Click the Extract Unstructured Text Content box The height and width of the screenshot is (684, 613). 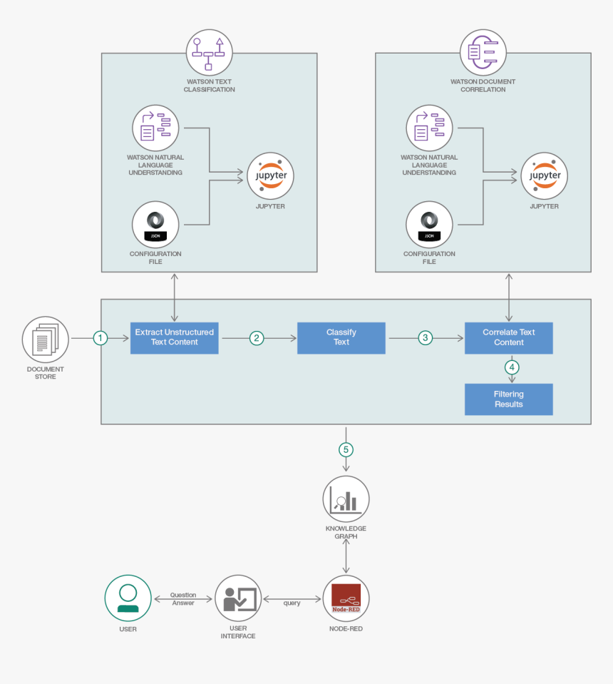(174, 337)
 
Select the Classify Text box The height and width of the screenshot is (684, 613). (341, 337)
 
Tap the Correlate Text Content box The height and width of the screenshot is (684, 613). (508, 337)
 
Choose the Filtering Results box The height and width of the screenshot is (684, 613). (508, 399)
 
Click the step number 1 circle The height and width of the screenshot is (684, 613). (101, 338)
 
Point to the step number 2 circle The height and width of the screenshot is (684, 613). (257, 338)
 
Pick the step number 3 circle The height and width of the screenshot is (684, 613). (426, 338)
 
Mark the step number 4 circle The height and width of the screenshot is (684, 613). (512, 367)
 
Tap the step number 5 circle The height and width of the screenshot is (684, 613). (346, 449)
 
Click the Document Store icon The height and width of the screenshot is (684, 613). (46, 340)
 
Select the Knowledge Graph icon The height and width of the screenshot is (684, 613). (346, 499)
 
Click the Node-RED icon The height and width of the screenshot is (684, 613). (346, 598)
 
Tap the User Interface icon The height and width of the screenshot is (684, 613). (239, 598)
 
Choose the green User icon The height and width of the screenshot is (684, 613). (128, 598)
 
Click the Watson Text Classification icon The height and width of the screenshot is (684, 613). (209, 53)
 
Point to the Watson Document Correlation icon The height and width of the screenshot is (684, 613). (483, 53)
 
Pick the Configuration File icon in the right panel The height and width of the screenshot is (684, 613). (429, 224)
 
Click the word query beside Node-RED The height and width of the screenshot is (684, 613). (292, 603)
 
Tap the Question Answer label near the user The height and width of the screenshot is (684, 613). (183, 599)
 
